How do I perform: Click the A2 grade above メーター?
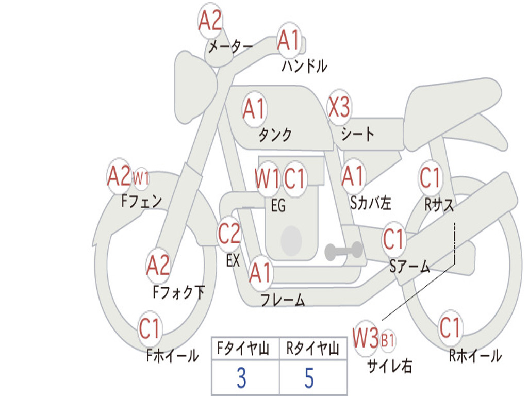coord(210,21)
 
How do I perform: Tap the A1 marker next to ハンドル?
coord(288,40)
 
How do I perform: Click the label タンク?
coord(275,135)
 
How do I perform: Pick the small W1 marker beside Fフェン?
coord(141,179)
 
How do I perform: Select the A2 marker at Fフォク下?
coord(158,266)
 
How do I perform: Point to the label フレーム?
coord(283,300)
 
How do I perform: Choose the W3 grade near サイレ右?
coord(366,339)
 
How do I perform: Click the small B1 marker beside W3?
coord(388,340)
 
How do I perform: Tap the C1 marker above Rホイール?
coord(450,327)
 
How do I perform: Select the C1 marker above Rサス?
coord(430,178)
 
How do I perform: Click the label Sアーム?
coord(409,267)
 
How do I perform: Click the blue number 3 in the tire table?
coord(241,378)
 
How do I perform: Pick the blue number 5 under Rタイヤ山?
coord(309,378)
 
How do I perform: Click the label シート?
coord(357,135)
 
